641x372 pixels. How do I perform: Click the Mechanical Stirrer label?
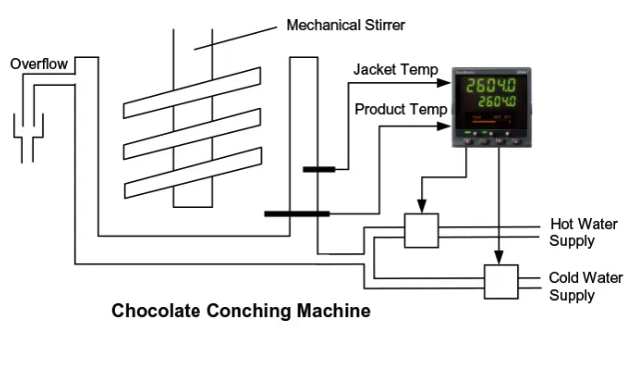[x=346, y=23]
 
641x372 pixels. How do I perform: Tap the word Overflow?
[x=39, y=64]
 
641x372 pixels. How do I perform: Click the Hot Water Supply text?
[x=572, y=232]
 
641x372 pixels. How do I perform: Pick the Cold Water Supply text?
[x=572, y=286]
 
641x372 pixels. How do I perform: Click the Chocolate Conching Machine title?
[x=241, y=311]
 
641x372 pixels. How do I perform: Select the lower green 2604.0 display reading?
[x=502, y=103]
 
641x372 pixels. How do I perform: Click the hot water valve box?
[x=420, y=230]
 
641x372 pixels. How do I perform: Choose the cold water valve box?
[x=501, y=282]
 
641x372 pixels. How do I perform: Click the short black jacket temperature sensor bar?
[x=319, y=170]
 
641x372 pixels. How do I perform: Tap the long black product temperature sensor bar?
[x=297, y=213]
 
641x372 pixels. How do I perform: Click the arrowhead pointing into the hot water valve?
[x=420, y=208]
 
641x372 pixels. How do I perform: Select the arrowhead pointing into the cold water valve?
[x=500, y=259]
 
